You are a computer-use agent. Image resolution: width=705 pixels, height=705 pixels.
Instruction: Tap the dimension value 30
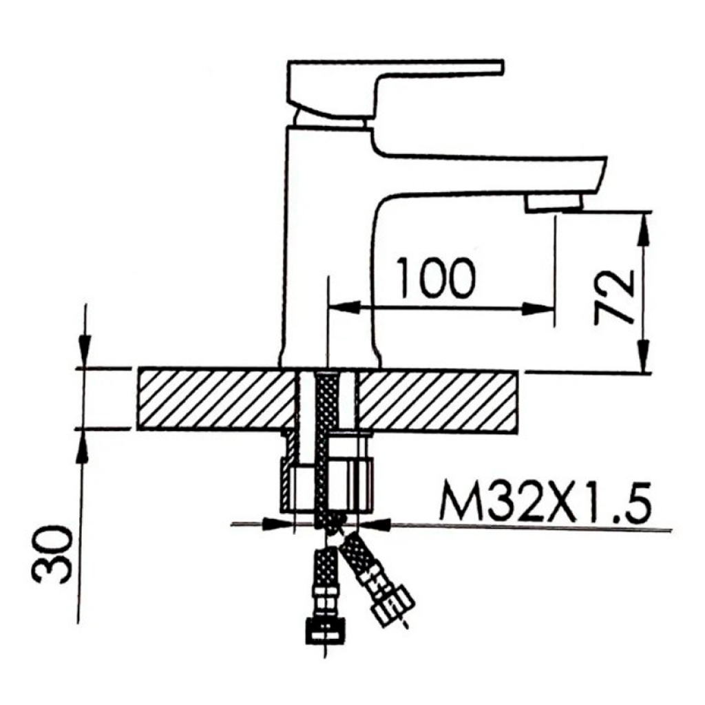pyautogui.click(x=54, y=555)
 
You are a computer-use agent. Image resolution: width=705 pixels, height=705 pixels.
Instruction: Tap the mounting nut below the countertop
pyautogui.click(x=328, y=482)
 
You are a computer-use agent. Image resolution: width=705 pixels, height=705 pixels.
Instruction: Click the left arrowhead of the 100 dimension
pyautogui.click(x=341, y=308)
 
